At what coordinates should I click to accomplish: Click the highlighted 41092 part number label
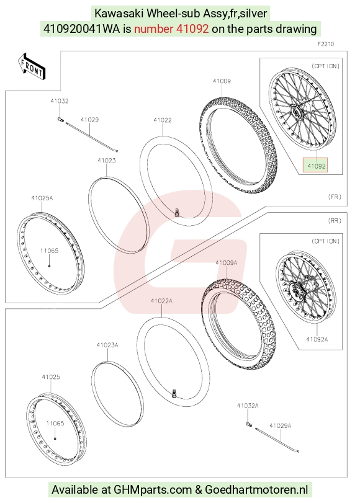[x=316, y=166]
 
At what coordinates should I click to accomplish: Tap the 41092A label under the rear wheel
[x=317, y=339]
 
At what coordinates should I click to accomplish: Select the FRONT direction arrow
[x=32, y=66]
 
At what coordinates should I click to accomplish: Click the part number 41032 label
[x=60, y=100]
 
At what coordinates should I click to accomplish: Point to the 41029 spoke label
[x=89, y=120]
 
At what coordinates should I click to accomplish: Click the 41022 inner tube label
[x=163, y=120]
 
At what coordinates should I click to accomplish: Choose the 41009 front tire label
[x=222, y=81]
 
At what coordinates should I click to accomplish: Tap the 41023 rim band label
[x=107, y=161]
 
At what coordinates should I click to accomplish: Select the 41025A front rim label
[x=42, y=198]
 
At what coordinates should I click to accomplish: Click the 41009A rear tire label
[x=227, y=263]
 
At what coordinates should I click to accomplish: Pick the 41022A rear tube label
[x=161, y=301]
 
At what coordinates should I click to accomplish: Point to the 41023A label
[x=107, y=345]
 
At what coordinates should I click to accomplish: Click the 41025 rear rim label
[x=51, y=377]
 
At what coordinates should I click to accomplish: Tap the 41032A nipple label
[x=248, y=406]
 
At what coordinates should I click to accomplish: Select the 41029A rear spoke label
[x=281, y=425]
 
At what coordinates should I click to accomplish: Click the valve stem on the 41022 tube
[x=176, y=212]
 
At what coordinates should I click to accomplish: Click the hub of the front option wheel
[x=295, y=113]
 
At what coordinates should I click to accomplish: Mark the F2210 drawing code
[x=326, y=44]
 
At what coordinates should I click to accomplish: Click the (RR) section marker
[x=335, y=221]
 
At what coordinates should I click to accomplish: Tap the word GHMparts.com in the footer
[x=153, y=490]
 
